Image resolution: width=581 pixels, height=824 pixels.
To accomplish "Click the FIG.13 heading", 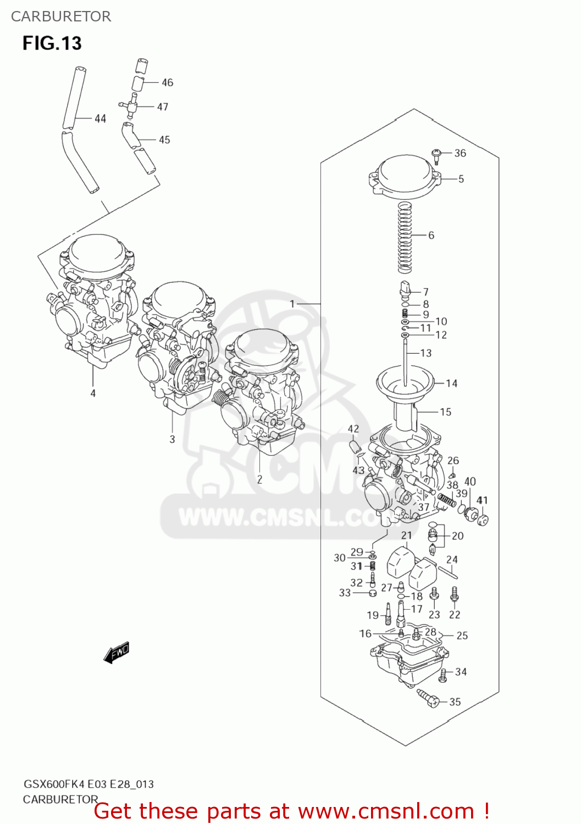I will click(52, 43).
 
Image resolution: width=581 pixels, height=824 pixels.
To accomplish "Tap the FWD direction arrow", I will click(117, 653).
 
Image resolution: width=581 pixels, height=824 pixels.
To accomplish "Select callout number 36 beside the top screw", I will click(460, 153).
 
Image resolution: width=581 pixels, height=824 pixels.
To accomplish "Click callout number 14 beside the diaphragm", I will click(451, 383).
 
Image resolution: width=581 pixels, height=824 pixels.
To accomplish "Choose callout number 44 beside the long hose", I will click(100, 119).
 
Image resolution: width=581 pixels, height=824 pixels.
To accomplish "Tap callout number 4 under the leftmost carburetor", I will click(93, 393).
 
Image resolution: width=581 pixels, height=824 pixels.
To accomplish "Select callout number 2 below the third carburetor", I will click(259, 480).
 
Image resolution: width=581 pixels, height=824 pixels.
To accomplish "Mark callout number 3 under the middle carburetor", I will click(172, 439).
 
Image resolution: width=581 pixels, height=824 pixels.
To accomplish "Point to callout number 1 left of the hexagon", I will click(292, 304).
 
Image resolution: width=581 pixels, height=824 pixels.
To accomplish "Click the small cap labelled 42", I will click(355, 445).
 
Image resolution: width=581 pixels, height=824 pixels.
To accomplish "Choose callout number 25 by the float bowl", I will click(462, 636).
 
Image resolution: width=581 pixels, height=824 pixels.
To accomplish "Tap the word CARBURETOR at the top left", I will click(61, 16).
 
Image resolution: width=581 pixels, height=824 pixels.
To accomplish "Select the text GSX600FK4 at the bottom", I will click(53, 784).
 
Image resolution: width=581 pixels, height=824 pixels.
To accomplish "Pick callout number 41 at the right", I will click(482, 500).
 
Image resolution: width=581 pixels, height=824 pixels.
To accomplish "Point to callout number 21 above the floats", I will click(406, 536).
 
